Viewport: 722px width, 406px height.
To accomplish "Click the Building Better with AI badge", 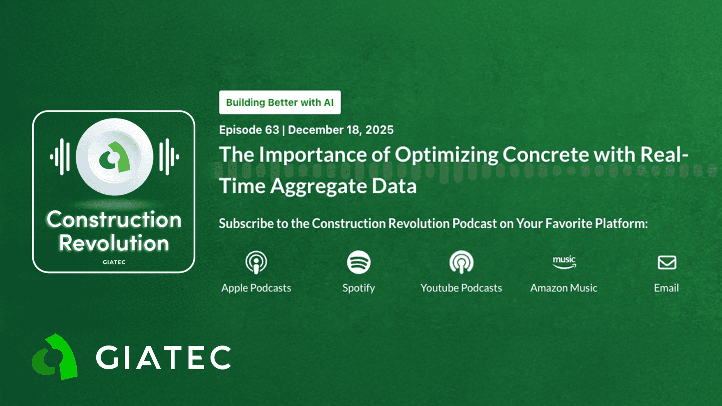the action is [280, 102].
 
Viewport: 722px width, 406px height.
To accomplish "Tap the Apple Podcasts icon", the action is [256, 262].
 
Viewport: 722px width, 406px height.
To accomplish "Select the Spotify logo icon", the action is [359, 262].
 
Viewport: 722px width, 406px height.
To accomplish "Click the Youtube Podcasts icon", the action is [461, 262].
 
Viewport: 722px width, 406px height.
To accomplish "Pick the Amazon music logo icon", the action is [564, 262].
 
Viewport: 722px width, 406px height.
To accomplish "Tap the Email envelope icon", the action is [667, 262].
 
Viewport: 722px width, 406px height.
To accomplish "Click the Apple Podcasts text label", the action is [256, 288].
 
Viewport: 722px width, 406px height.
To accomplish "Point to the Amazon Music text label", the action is [564, 288].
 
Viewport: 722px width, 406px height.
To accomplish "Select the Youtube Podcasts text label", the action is [461, 288].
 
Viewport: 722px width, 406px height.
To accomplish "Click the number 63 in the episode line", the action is [272, 130].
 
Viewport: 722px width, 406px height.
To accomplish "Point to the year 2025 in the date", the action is [379, 130].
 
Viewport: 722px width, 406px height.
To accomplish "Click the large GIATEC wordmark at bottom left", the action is [163, 358].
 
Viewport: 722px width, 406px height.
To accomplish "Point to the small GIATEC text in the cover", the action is [114, 262].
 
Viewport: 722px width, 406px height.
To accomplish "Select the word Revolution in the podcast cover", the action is [114, 243].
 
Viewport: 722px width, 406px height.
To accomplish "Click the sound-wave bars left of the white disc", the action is [60, 157].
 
